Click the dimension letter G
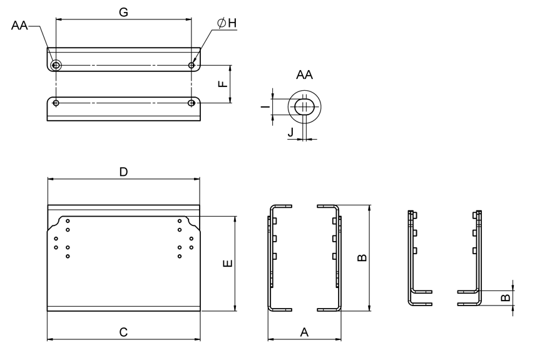[x=123, y=12]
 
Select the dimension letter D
[x=123, y=172]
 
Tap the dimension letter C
[x=123, y=332]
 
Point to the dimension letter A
[x=305, y=332]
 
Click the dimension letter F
[x=223, y=83]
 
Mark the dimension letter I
[x=265, y=107]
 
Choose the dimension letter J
[x=290, y=132]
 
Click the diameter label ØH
[x=227, y=23]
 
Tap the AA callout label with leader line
[x=19, y=26]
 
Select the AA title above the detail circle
[x=304, y=75]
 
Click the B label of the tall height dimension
[x=361, y=257]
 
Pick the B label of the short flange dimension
[x=505, y=297]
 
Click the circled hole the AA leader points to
[x=56, y=65]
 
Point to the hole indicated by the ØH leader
[x=192, y=65]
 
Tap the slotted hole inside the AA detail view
[x=304, y=107]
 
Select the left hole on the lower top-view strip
[x=56, y=103]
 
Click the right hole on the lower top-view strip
[x=192, y=103]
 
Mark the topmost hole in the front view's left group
[x=68, y=222]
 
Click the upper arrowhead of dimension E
[x=235, y=219]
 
